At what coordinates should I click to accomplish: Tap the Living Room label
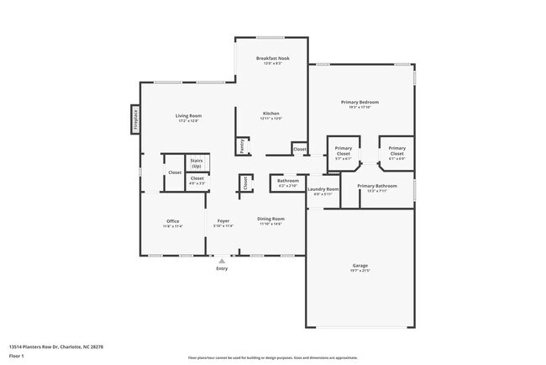[x=188, y=116]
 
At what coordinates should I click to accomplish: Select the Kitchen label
[x=270, y=114]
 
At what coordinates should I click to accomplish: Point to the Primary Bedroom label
[x=360, y=103]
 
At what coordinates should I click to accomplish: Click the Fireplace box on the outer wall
[x=134, y=119]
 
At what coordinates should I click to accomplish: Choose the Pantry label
[x=241, y=145]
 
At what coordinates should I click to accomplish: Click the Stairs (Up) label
[x=197, y=162]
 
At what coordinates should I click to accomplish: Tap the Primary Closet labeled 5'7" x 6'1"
[x=343, y=151]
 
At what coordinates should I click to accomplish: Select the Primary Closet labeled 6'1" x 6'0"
[x=396, y=151]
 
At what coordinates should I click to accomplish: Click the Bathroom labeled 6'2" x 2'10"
[x=288, y=182]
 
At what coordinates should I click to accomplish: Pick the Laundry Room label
[x=323, y=190]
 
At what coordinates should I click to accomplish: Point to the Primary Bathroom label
[x=376, y=187]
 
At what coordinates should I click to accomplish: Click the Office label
[x=172, y=222]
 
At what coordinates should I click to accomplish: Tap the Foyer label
[x=223, y=222]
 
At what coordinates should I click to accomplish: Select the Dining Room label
[x=270, y=220]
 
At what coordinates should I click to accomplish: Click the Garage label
[x=360, y=267]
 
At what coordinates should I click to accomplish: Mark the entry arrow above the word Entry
[x=222, y=261]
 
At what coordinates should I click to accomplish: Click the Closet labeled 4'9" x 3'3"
[x=197, y=180]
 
